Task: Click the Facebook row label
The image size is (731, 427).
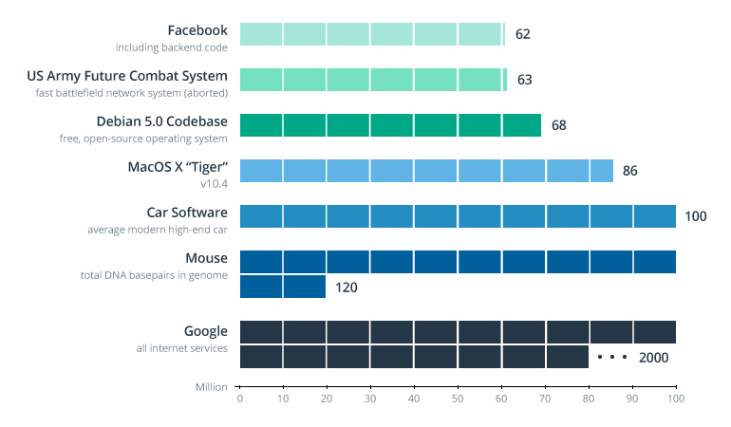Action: point(197,30)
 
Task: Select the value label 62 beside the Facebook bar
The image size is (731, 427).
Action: point(523,34)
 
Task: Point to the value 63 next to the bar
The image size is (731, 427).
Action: point(525,80)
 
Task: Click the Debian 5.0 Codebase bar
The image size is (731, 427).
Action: point(389,125)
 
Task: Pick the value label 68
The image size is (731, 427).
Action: point(558,125)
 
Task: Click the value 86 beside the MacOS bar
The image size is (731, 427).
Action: point(630,171)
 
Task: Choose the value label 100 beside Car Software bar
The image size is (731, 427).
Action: point(696,216)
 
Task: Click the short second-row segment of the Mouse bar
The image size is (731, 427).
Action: point(282,287)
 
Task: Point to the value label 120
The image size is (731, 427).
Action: point(347,287)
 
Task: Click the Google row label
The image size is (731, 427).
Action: point(206,331)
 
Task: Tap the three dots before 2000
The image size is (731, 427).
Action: point(612,358)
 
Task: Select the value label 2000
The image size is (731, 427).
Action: point(654,358)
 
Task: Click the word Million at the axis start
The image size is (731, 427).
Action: point(212,387)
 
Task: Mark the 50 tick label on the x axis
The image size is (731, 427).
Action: point(458,399)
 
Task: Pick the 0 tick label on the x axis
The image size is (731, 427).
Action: point(239,399)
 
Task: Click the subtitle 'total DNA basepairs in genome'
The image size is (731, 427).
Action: point(154,275)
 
